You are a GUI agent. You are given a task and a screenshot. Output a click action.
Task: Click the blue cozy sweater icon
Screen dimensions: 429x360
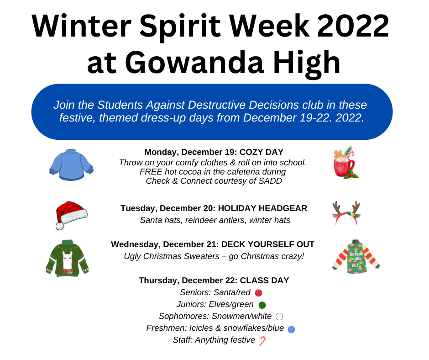coord(71,165)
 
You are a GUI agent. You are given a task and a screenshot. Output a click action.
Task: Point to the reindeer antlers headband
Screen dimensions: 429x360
coord(346,213)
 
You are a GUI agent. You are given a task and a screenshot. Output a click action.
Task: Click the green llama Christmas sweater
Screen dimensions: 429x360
coord(67,258)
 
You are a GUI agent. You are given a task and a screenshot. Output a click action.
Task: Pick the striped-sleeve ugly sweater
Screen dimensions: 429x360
coord(356,256)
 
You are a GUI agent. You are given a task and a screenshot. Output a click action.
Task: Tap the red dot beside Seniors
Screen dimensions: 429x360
coord(259,293)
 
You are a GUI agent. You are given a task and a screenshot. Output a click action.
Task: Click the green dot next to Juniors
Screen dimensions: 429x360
coord(262,305)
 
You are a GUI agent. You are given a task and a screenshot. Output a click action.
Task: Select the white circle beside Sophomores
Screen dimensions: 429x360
coord(279,317)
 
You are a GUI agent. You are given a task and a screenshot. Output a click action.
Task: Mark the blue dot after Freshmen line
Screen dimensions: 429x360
coord(291,329)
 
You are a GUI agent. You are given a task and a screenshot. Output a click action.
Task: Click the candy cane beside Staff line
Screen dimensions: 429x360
coord(262,341)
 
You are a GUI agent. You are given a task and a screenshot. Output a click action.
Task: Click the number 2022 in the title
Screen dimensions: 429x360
coord(353,26)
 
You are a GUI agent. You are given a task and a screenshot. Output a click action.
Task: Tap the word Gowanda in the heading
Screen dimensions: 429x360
coord(194,64)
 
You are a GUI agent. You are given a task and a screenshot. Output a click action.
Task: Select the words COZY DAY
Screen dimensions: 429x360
coord(262,152)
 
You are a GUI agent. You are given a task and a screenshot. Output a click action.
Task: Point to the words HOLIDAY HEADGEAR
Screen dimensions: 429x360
coord(263,208)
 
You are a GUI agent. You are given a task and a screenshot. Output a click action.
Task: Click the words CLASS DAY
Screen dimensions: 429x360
coord(264,281)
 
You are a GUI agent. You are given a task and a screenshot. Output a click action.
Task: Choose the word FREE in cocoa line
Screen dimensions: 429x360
coord(151,172)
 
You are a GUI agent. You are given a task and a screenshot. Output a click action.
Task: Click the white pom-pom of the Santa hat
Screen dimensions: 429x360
coord(60,226)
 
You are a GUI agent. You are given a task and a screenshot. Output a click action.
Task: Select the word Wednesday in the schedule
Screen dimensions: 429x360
coord(136,244)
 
